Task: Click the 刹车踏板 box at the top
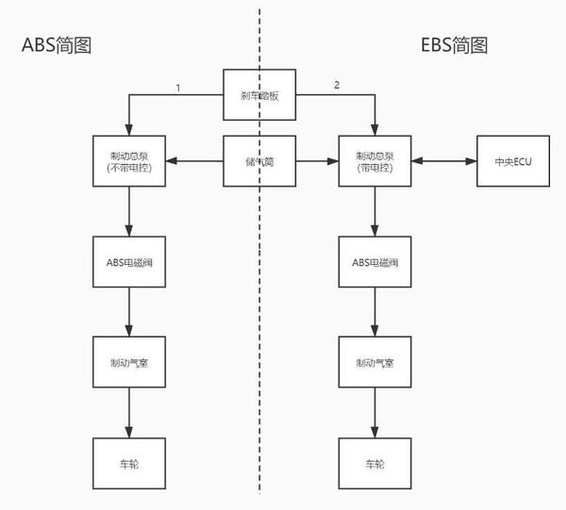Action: tap(259, 94)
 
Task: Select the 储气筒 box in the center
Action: tap(259, 161)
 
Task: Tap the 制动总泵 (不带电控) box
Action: tap(129, 161)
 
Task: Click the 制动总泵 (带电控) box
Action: tap(375, 161)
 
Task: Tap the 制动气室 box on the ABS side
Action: tap(129, 362)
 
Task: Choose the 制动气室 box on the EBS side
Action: tap(375, 362)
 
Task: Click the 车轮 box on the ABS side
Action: tap(129, 464)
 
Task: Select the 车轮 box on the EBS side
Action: tap(375, 464)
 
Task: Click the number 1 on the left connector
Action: tap(176, 87)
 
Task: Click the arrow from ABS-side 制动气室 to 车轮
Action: tap(129, 412)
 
